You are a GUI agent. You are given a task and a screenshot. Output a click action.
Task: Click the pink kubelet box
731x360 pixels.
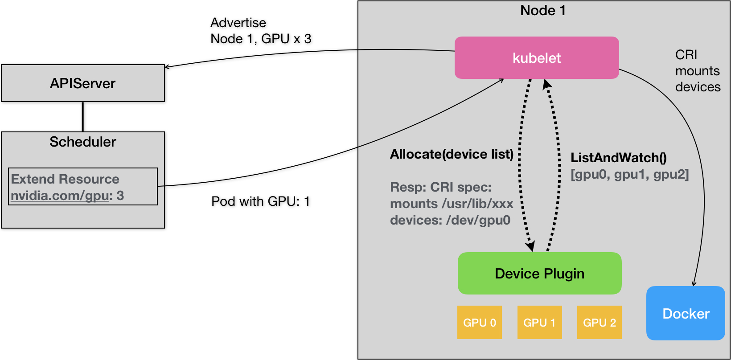point(536,58)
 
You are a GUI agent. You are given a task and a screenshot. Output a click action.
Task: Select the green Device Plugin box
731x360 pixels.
point(539,274)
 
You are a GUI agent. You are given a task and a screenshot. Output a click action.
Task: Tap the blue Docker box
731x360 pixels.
point(686,314)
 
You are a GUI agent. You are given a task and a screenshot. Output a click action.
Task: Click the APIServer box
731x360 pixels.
point(83,83)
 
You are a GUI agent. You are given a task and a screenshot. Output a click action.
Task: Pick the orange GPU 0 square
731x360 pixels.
point(479,323)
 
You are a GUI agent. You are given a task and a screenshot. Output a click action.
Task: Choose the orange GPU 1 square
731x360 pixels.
point(539,323)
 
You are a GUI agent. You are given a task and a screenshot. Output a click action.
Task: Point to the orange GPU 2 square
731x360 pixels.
point(599,323)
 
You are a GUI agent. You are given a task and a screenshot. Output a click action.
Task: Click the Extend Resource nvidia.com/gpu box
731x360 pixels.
point(83,187)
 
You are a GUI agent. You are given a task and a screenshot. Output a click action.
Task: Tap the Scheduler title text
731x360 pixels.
point(83,142)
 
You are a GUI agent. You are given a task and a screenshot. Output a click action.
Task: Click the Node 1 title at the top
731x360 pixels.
point(543,11)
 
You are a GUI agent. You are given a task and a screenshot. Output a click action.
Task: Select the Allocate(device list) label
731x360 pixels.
point(452,154)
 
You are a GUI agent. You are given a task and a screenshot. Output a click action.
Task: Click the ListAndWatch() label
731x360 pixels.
point(619,158)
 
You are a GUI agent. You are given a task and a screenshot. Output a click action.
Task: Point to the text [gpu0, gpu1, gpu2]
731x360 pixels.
point(629,174)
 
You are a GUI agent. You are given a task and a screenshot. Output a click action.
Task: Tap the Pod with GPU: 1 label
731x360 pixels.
point(260,201)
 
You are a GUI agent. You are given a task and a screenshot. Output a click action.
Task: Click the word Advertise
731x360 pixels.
point(238,23)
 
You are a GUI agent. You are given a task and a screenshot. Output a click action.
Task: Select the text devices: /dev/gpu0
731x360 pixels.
point(450,220)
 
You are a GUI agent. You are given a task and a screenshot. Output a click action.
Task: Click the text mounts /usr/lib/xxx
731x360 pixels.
point(452,204)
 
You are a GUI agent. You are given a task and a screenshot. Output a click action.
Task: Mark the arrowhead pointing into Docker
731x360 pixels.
point(694,283)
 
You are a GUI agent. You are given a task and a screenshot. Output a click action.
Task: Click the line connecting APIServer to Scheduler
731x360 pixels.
point(83,117)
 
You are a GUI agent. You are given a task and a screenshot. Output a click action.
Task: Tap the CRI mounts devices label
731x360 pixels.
point(697,71)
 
